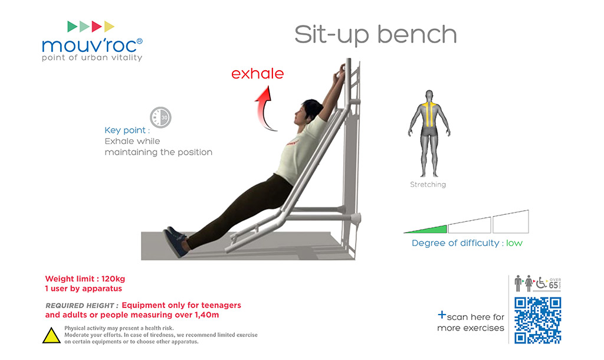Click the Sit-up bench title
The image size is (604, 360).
[x=376, y=35]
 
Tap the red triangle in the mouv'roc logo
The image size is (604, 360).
[x=96, y=27]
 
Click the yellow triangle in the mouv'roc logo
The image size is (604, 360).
[x=109, y=27]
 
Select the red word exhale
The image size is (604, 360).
[x=257, y=74]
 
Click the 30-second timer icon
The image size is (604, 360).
[x=160, y=117]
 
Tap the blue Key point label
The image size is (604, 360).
[x=127, y=130]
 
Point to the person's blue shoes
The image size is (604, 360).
[x=175, y=241]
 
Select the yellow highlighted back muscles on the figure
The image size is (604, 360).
[x=429, y=114]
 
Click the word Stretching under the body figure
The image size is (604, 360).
[x=428, y=185]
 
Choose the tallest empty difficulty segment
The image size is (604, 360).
[x=511, y=222]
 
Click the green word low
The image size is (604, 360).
[x=514, y=243]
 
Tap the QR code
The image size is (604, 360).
[x=538, y=320]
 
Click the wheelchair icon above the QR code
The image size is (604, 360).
[x=541, y=283]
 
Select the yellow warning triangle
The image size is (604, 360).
[x=51, y=336]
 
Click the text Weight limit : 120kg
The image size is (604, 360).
[x=85, y=279]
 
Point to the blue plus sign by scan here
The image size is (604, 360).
[x=442, y=315]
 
